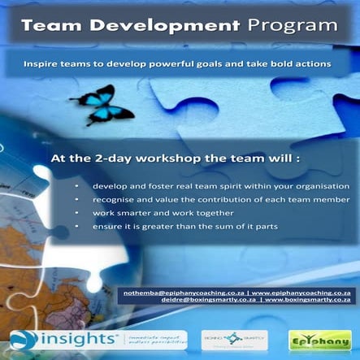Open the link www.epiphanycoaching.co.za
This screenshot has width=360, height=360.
[301, 289]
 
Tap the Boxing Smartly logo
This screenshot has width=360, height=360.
[233, 338]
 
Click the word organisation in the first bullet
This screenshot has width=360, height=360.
[320, 186]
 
